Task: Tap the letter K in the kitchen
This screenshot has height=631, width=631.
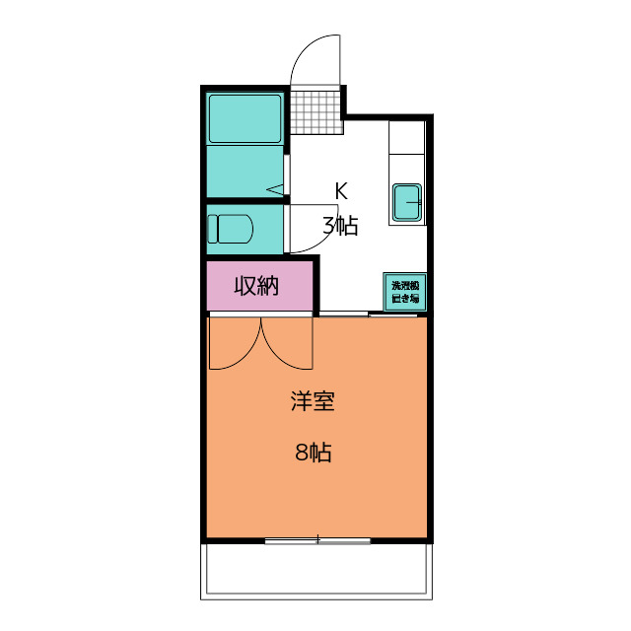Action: tap(341, 190)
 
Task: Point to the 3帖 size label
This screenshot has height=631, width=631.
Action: tap(340, 226)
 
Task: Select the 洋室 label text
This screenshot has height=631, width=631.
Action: tap(313, 402)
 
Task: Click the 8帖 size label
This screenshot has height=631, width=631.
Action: tap(313, 454)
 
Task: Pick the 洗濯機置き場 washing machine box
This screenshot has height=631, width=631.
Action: tap(404, 292)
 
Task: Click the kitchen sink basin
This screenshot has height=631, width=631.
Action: tap(407, 203)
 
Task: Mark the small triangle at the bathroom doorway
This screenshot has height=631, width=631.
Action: tap(276, 188)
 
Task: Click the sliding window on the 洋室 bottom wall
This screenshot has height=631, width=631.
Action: tap(317, 540)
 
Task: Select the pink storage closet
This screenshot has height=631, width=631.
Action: tap(259, 286)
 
